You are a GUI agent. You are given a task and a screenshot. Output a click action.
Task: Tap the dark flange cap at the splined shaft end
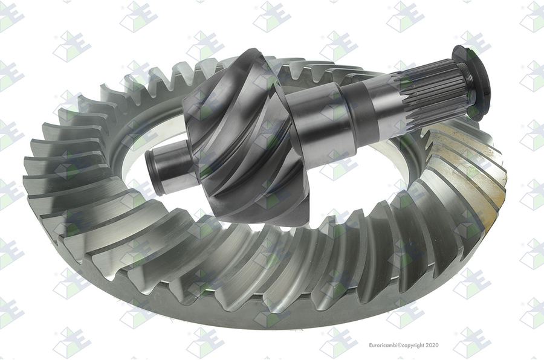[473, 83]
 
